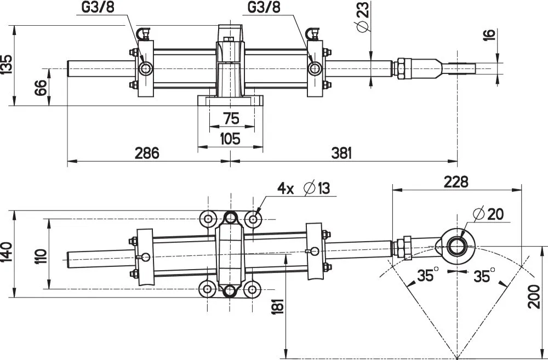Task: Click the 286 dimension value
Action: click(x=147, y=153)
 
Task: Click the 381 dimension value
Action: click(x=341, y=153)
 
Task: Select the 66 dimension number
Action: click(x=41, y=87)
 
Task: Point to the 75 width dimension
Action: click(x=231, y=119)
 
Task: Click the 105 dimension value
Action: click(x=230, y=139)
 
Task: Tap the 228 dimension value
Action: click(x=456, y=181)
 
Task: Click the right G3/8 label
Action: click(x=264, y=8)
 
